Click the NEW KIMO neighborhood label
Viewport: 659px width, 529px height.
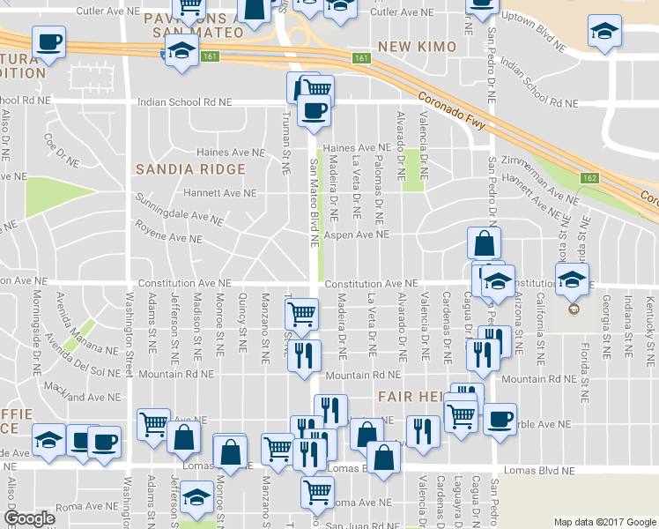coord(417,46)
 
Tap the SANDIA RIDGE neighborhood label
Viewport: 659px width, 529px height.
coord(189,168)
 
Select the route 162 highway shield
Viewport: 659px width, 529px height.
coord(589,179)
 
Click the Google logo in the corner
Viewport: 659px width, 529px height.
coord(30,518)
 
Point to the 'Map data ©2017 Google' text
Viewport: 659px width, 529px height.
coord(604,522)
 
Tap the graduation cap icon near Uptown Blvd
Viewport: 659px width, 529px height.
coord(604,34)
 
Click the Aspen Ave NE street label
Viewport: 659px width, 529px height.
coord(357,235)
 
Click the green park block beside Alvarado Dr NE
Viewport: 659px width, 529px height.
coord(411,169)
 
